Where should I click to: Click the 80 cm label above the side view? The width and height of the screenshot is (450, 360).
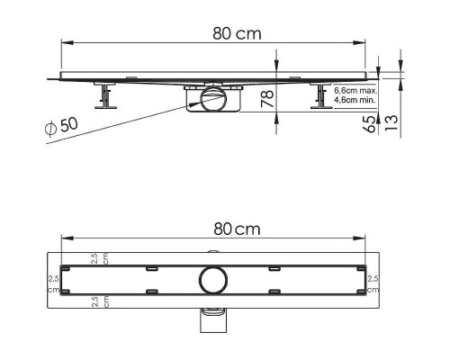coord(237,33)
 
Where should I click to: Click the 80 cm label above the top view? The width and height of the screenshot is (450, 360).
coord(237,229)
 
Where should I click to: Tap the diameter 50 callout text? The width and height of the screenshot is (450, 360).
coord(62,126)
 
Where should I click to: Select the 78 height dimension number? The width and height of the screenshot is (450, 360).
coord(267,98)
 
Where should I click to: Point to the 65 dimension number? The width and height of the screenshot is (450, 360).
coord(369,123)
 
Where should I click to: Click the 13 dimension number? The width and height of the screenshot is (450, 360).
coord(391,122)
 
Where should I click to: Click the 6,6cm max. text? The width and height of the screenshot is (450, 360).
coord(355,91)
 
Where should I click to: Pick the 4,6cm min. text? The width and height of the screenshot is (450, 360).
coord(355,100)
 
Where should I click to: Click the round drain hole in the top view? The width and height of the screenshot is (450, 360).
coord(212,280)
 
